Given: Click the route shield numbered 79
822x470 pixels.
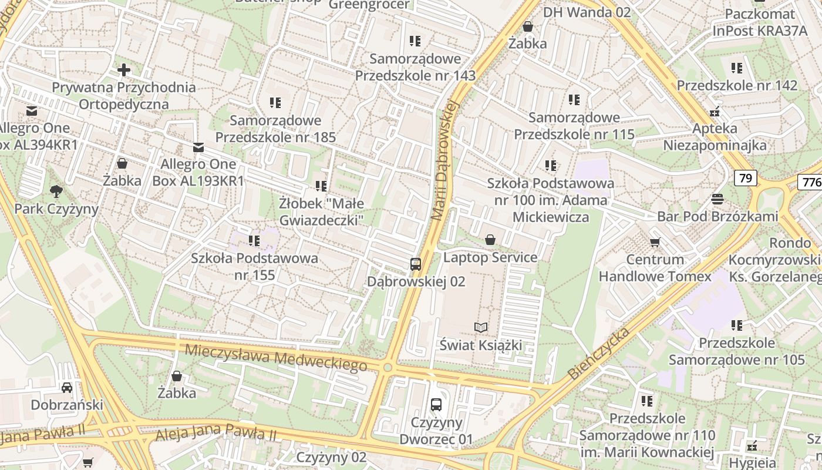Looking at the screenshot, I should [x=745, y=178].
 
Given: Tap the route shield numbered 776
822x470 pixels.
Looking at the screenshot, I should [x=811, y=182].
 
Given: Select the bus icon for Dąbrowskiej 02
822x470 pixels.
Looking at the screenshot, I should [x=416, y=264].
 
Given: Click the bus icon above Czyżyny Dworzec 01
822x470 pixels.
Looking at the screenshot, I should [x=436, y=404].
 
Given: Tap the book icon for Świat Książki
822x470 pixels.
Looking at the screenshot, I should [x=481, y=327].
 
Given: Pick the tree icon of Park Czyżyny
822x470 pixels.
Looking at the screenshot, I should [x=56, y=191].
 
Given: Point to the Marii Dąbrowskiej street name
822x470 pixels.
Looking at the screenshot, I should [x=444, y=160].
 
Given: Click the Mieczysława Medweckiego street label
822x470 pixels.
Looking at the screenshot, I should [x=275, y=358].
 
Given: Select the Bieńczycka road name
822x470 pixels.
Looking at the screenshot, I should [x=599, y=352].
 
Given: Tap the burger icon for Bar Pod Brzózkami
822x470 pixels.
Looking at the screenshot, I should [x=717, y=199].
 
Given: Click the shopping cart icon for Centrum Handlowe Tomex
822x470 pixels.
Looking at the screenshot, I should [x=655, y=242].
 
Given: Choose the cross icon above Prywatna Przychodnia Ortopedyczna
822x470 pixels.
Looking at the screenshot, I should [x=124, y=70].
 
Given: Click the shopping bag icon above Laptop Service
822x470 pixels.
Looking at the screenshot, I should [x=490, y=240].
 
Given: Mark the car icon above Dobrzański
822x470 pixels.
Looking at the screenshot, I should [x=67, y=387].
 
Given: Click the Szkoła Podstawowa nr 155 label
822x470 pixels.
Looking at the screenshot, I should [x=254, y=266].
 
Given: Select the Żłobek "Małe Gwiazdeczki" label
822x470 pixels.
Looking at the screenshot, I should [x=321, y=211].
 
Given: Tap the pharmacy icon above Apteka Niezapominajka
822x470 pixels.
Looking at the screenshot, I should [x=715, y=111].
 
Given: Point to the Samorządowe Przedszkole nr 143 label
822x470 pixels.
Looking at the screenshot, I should [x=415, y=67].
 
